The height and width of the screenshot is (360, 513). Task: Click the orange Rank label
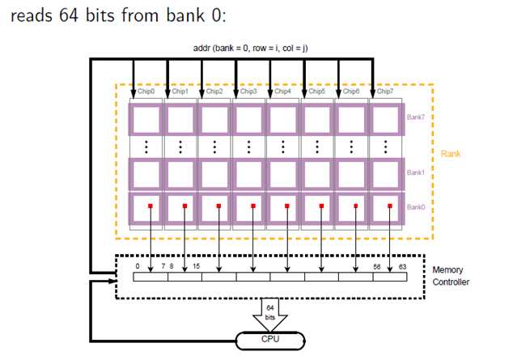[x=451, y=153]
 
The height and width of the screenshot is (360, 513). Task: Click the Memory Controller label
[x=451, y=276]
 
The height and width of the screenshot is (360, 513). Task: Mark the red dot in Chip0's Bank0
[x=151, y=206]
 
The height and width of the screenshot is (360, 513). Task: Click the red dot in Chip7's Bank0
[x=390, y=206]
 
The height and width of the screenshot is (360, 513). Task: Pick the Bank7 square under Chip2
[x=215, y=122]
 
